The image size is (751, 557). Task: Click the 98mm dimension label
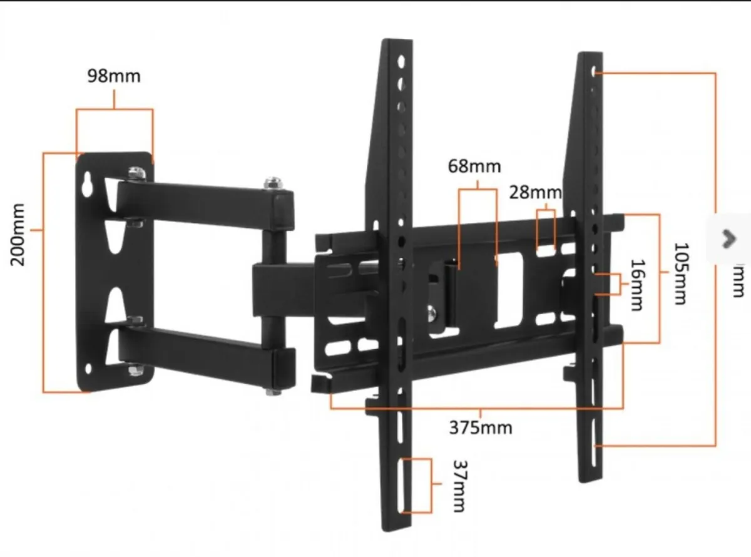[x=114, y=76]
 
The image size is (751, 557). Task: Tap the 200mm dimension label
[x=18, y=234]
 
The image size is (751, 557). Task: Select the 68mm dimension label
[x=474, y=166]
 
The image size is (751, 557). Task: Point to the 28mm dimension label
[x=534, y=192]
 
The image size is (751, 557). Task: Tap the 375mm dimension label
[x=480, y=427]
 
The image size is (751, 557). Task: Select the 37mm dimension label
[x=459, y=486]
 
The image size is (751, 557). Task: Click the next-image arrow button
[x=728, y=238]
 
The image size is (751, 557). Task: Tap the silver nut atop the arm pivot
[x=272, y=183]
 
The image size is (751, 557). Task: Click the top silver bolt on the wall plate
[x=134, y=172]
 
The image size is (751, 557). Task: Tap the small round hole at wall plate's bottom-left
[x=89, y=368]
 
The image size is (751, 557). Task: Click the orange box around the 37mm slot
[x=417, y=486]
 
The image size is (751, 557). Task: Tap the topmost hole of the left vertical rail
[x=400, y=62]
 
